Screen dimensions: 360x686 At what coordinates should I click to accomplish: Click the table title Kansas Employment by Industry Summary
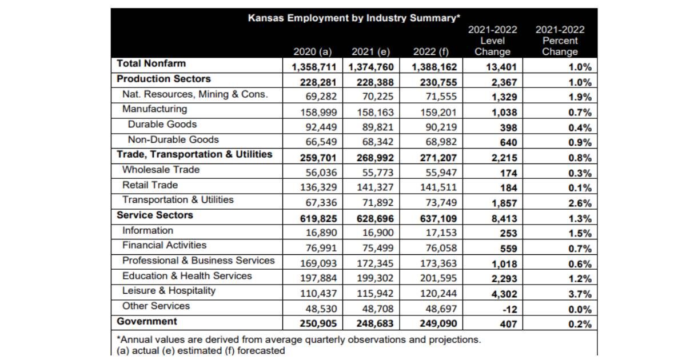[354, 18]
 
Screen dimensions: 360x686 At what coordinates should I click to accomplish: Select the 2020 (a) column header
[313, 52]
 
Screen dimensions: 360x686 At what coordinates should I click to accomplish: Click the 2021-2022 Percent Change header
[560, 41]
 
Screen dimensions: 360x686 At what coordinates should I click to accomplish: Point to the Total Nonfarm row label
[151, 64]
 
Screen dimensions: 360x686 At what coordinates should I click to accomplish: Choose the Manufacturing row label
[154, 109]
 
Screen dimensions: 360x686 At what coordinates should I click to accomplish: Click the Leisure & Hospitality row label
[169, 291]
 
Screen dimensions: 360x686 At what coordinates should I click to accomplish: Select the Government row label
[147, 321]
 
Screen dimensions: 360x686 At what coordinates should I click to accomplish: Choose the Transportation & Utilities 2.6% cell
[580, 203]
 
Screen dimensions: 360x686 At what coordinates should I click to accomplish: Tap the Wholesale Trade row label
[161, 170]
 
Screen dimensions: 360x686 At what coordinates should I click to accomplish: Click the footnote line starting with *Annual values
[298, 340]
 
